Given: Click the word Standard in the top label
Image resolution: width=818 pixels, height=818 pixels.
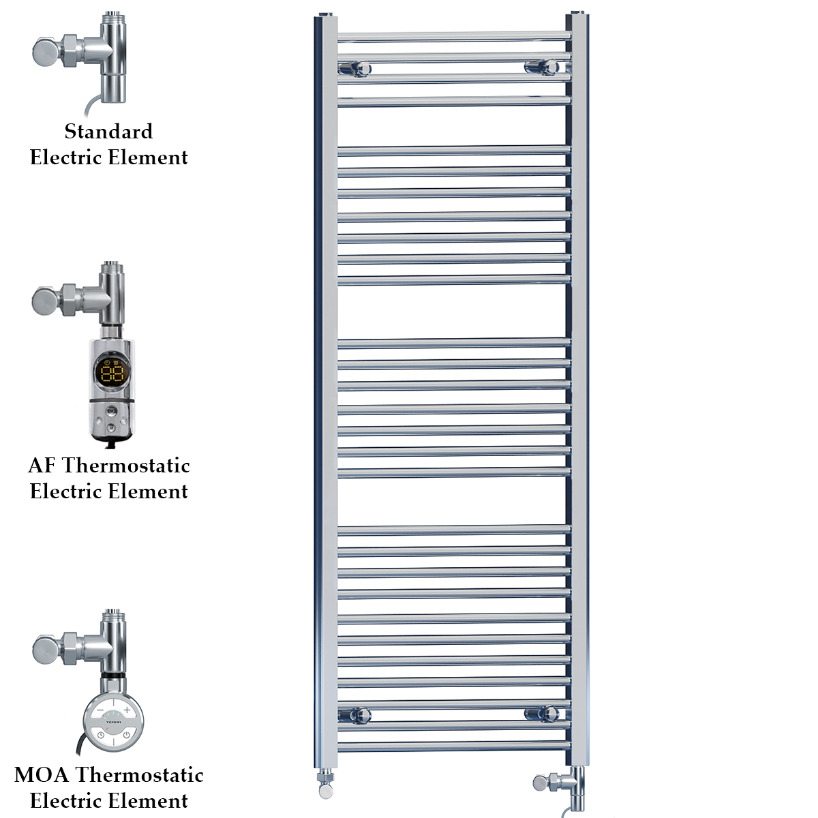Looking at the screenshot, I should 108,131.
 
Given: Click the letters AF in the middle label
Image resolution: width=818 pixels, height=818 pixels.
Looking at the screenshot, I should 42,466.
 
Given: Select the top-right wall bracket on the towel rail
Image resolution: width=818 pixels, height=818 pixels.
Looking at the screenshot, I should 542,67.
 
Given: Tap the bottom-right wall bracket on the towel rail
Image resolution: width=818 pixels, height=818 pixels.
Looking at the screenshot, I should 542,714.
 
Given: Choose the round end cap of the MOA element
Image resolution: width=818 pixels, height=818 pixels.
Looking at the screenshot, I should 44,648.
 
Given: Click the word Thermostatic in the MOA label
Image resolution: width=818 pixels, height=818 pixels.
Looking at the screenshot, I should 140,775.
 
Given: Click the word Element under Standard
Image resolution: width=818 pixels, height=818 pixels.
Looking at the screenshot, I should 148,157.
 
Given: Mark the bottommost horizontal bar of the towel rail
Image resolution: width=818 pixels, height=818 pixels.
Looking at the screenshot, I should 453,748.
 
